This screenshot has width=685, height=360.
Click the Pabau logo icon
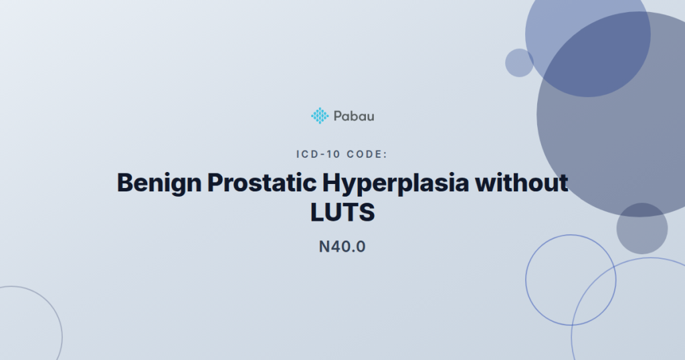(x=320, y=116)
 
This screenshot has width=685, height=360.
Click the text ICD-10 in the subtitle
(x=317, y=155)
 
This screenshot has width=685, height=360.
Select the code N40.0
(x=342, y=247)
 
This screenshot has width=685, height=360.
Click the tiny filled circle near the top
(x=519, y=63)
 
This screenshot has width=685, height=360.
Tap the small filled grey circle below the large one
(x=642, y=228)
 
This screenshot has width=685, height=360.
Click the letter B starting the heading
(x=125, y=183)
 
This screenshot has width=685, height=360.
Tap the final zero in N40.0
(x=361, y=247)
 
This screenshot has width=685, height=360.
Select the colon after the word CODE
(x=386, y=155)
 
